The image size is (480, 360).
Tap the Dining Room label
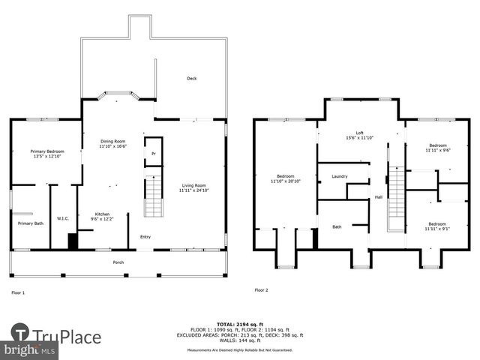[114, 141]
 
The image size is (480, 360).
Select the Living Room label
[193, 185]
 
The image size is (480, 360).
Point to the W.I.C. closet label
[63, 219]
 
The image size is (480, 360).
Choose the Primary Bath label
[31, 223]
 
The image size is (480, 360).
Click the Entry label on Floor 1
[145, 238]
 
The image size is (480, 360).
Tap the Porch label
[118, 262]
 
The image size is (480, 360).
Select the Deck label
[192, 78]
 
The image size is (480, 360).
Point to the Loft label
[359, 133]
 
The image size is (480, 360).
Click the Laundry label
[339, 176]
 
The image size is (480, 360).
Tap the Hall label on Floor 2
[379, 197]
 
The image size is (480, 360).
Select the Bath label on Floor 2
[337, 226]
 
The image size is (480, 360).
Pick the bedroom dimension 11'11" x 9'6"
[437, 150]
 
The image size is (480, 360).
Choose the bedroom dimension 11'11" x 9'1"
[437, 228]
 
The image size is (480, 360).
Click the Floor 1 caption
[18, 292]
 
